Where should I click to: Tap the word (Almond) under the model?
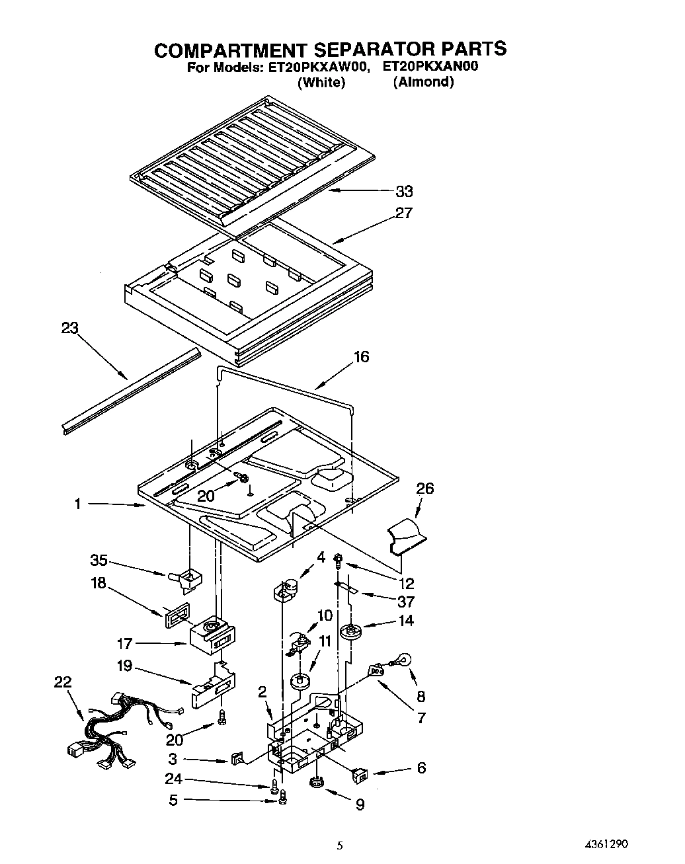click(423, 82)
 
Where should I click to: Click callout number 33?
click(404, 191)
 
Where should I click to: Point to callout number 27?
click(404, 213)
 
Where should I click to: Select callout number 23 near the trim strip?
click(69, 328)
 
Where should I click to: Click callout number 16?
click(362, 357)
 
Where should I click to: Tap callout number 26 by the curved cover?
click(424, 489)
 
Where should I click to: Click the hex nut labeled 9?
click(316, 782)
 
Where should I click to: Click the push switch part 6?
click(360, 774)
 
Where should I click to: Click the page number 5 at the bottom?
click(340, 845)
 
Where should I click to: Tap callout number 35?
click(99, 561)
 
